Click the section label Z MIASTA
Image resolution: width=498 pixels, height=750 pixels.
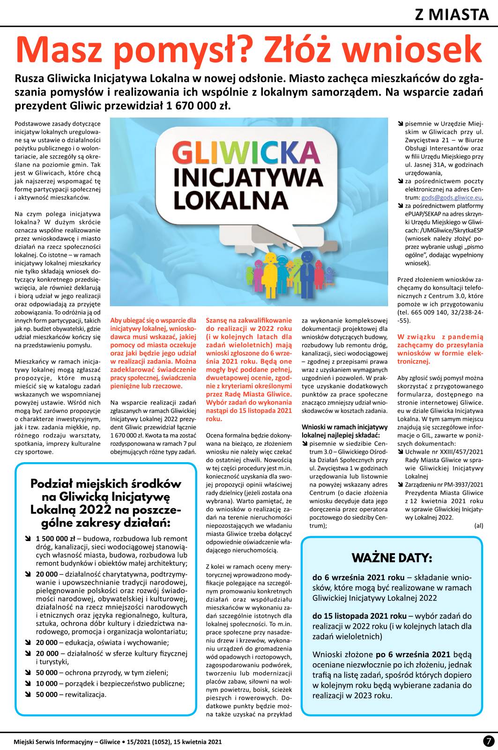[x=452, y=15]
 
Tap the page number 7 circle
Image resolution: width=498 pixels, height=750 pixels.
[x=489, y=741]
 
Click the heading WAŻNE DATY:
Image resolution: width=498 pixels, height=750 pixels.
[x=392, y=558]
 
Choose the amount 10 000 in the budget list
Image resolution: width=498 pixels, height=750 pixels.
[x=47, y=683]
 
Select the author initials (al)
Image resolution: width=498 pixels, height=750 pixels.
[x=478, y=526]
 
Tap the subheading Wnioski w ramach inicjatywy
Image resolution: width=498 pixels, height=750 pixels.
[x=344, y=427]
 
